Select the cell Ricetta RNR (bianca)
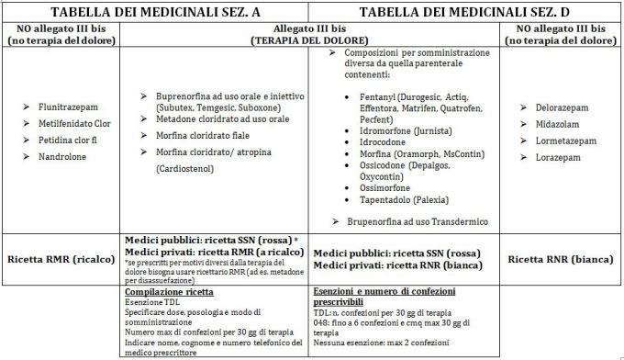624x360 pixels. click(x=561, y=259)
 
